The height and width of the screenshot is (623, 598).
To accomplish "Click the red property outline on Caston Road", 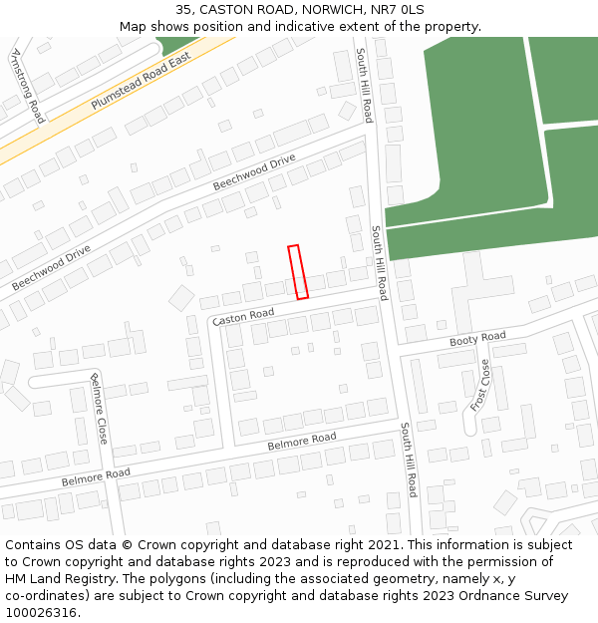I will [298, 272].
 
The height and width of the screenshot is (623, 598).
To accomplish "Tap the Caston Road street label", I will [243, 316].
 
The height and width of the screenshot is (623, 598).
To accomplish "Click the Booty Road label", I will [477, 339].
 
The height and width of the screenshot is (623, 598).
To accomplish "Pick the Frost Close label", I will [480, 387].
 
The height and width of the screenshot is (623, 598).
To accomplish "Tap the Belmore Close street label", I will [100, 408].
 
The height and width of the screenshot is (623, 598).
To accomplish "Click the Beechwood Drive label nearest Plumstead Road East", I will [254, 172].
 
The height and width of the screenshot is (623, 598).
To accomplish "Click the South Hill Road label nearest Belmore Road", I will [409, 460].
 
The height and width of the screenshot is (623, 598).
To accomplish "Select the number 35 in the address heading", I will [184, 9].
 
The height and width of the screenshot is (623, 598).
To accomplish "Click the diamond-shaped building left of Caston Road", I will [181, 297].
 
